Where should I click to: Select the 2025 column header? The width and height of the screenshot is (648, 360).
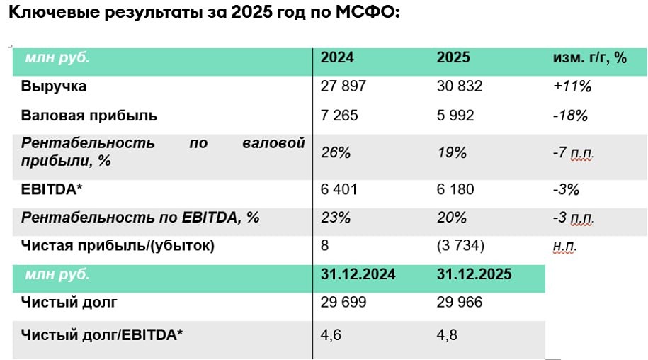pyautogui.click(x=453, y=58)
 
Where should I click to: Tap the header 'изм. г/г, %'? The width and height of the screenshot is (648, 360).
pyautogui.click(x=589, y=58)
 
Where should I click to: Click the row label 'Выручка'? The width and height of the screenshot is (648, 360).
pyautogui.click(x=54, y=86)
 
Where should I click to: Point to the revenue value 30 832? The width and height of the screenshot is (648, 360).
pyautogui.click(x=460, y=86)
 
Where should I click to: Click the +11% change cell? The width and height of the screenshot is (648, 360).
pyautogui.click(x=572, y=87)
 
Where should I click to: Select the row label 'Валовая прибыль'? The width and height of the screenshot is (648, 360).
pyautogui.click(x=89, y=115)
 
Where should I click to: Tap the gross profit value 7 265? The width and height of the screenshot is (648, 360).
pyautogui.click(x=340, y=115)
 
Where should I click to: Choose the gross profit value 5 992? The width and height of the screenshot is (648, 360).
pyautogui.click(x=456, y=115)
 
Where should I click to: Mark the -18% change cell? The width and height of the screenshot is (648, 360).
pyautogui.click(x=571, y=116)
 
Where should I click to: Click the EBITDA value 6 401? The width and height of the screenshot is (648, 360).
pyautogui.click(x=340, y=189)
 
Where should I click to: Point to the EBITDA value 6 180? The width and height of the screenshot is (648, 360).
pyautogui.click(x=456, y=189)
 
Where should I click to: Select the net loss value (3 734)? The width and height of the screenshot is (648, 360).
pyautogui.click(x=461, y=246)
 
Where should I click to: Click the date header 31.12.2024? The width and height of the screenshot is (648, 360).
pyautogui.click(x=358, y=274)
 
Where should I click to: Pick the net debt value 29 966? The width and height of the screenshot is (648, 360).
pyautogui.click(x=460, y=303)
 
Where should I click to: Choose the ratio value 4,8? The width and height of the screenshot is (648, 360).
pyautogui.click(x=448, y=334)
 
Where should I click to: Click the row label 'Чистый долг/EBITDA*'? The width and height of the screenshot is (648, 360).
pyautogui.click(x=102, y=334)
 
